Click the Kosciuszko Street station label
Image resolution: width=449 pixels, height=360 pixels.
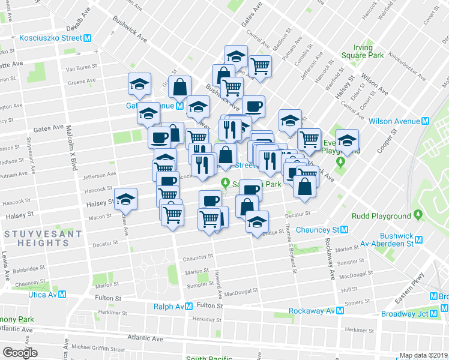click(50, 38)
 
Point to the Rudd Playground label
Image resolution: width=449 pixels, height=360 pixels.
click(381, 216)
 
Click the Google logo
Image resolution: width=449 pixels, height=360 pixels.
click(20, 353)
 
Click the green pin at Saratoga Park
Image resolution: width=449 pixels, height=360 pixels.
click(226, 183)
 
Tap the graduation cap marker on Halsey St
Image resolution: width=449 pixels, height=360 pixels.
click(126, 199)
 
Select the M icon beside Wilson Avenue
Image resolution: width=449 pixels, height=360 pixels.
click(426, 121)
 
